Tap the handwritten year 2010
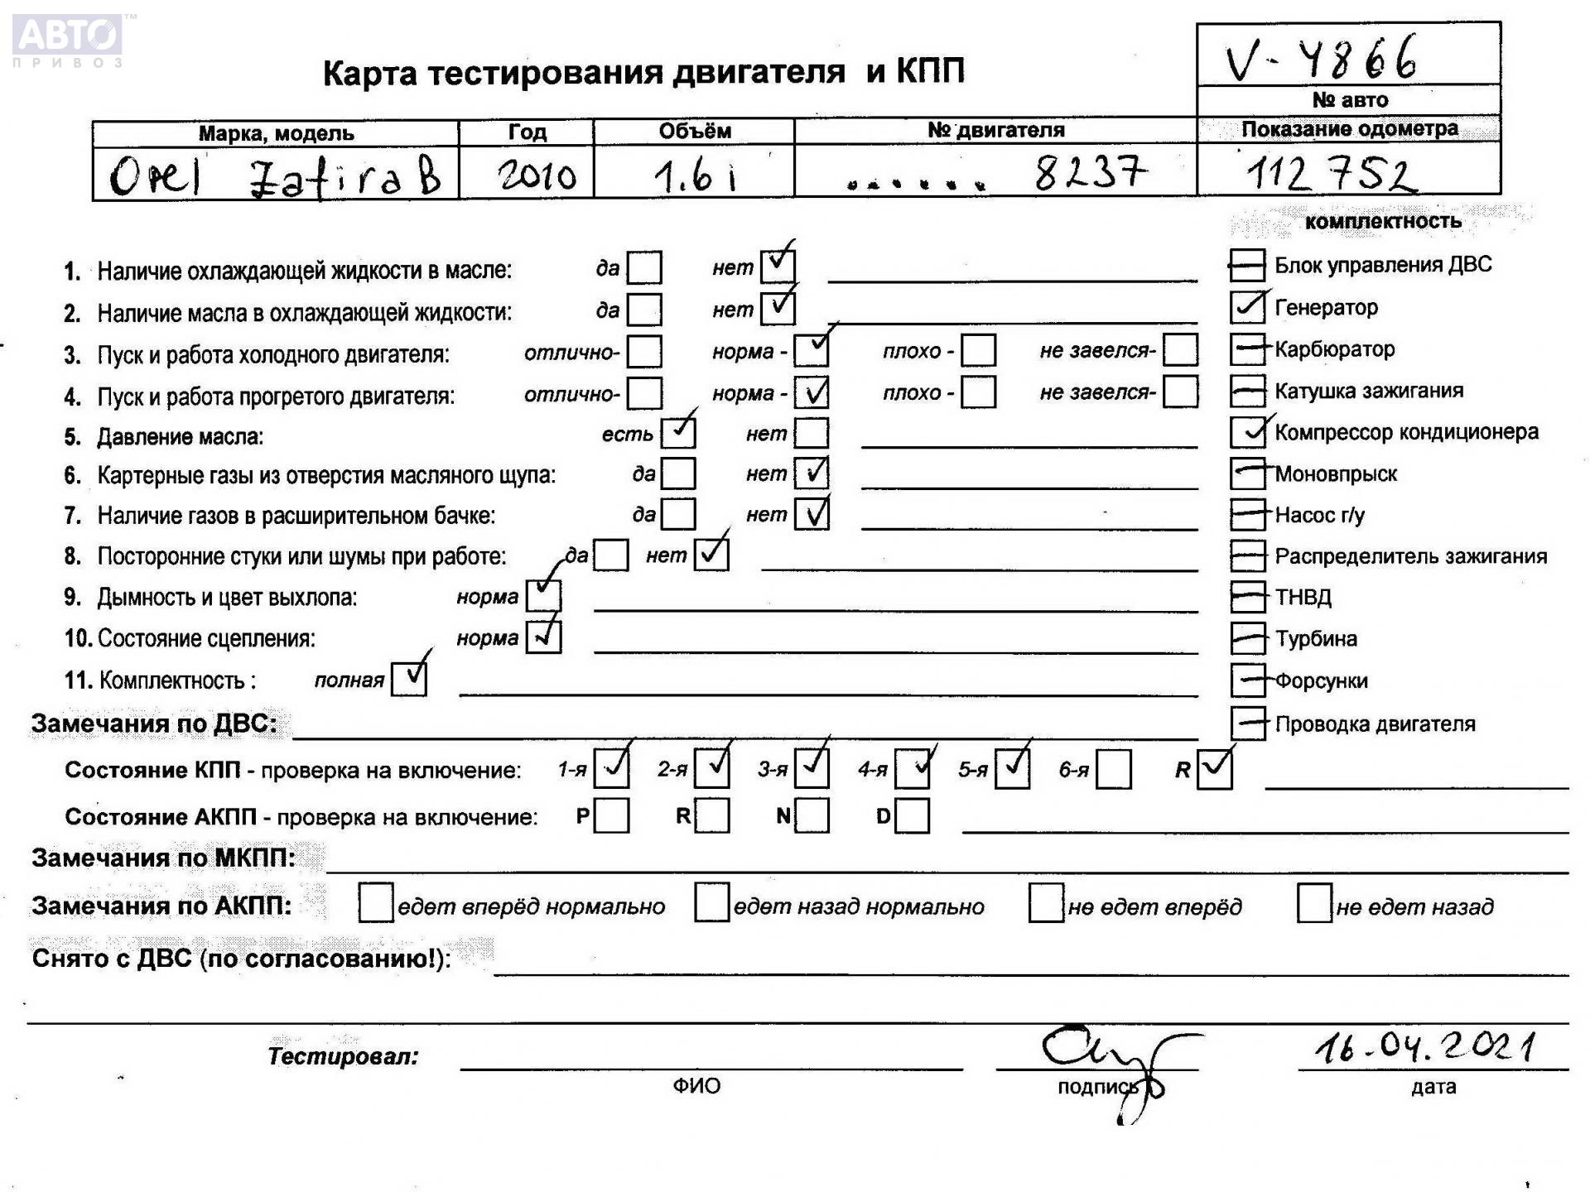(x=537, y=175)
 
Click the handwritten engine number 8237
(x=1090, y=173)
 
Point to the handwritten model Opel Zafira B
(x=275, y=176)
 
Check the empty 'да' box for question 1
(x=644, y=268)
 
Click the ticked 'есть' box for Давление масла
(x=678, y=433)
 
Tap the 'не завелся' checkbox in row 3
(x=1179, y=350)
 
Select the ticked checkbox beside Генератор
(x=1247, y=307)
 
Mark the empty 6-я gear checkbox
(x=1114, y=770)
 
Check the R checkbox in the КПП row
(x=1214, y=770)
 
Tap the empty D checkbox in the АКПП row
(x=912, y=816)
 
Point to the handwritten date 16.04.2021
(x=1424, y=1048)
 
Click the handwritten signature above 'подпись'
(x=1110, y=1060)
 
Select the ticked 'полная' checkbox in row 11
(x=409, y=679)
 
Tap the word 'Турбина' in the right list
(x=1316, y=639)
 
